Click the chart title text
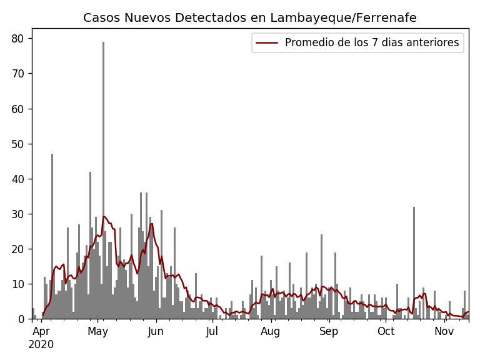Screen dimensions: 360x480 tap(249, 18)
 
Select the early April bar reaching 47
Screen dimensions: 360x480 tap(52, 237)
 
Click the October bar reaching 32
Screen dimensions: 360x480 tap(414, 262)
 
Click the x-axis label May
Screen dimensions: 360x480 tap(97, 331)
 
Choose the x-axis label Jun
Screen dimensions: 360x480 tap(156, 331)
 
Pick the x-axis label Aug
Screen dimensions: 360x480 tap(271, 331)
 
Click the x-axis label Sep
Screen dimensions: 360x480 tap(329, 331)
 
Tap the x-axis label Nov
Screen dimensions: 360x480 tap(444, 331)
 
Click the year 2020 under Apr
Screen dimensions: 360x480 tap(41, 344)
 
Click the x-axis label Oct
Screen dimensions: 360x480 tap(386, 331)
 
